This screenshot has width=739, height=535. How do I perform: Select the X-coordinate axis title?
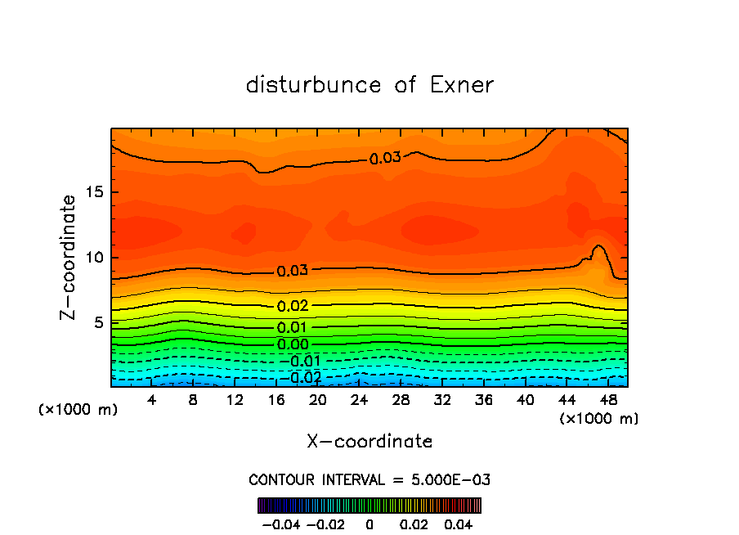[369, 442]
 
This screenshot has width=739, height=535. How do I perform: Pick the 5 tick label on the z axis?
[98, 322]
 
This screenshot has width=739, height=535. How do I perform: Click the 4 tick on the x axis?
[151, 400]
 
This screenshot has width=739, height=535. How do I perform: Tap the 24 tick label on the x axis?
[359, 400]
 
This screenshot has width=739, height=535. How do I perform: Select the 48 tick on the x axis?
[607, 400]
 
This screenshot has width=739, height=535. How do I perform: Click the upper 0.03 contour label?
[385, 158]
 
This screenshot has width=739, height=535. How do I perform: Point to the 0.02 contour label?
[293, 306]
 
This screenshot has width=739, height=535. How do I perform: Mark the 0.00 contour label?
[293, 344]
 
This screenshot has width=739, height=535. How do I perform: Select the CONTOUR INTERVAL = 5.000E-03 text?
[369, 479]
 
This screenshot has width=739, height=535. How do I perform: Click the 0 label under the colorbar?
[369, 524]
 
